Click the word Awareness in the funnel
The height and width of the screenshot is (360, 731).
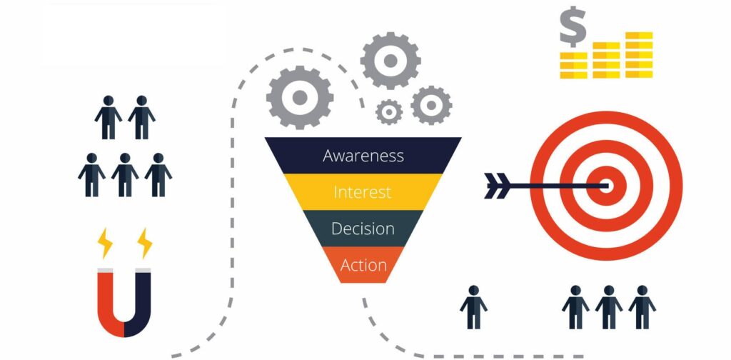363,156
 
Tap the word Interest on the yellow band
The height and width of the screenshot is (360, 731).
363,192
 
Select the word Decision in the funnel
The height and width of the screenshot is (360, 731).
363,229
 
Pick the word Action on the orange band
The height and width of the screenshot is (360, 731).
363,265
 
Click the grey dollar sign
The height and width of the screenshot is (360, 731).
573,29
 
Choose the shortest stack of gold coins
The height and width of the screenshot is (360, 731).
573,65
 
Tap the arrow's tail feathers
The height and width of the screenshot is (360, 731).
495,185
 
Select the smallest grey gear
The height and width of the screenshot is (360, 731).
389,111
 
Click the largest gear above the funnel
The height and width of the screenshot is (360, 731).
300,96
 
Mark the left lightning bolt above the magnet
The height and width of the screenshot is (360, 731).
106,243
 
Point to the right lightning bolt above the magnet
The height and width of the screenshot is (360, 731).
145,243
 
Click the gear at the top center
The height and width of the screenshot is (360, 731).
390,61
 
